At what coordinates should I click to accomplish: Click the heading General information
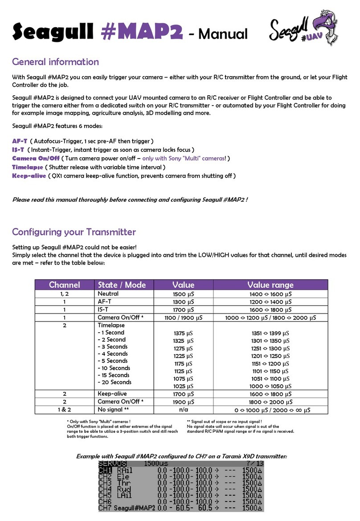click(55, 62)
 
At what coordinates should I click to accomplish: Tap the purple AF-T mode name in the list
click(20, 141)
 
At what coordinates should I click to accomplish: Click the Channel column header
click(64, 285)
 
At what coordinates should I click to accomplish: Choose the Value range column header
click(270, 285)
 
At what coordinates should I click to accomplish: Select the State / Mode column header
click(123, 285)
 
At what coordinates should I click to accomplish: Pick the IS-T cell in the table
click(104, 309)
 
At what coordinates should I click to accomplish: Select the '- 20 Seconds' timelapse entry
click(115, 382)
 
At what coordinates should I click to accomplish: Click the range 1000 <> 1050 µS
click(270, 386)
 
